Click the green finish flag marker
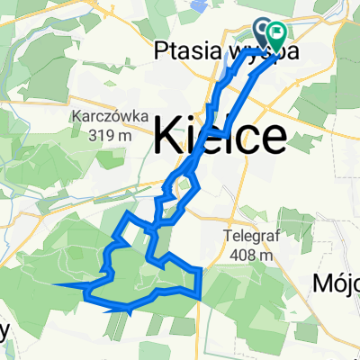(x=277, y=35)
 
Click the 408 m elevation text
(x=251, y=256)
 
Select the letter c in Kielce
(x=250, y=139)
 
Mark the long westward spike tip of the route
(x=56, y=285)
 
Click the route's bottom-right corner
(x=197, y=294)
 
